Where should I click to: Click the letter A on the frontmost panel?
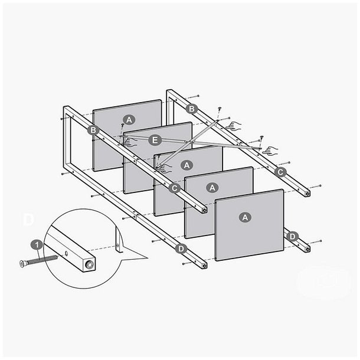click(245, 217)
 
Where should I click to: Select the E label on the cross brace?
click(155, 140)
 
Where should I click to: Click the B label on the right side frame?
click(191, 109)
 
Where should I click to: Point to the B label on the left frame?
click(93, 130)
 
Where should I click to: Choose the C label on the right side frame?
click(281, 172)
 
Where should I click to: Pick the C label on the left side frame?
click(175, 188)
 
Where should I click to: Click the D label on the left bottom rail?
click(181, 248)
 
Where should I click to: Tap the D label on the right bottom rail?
click(292, 236)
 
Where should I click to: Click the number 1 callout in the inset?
click(37, 244)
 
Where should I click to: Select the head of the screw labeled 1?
click(22, 262)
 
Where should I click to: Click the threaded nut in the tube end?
click(89, 265)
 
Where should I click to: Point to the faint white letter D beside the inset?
click(28, 220)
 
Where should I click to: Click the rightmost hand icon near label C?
click(271, 149)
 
